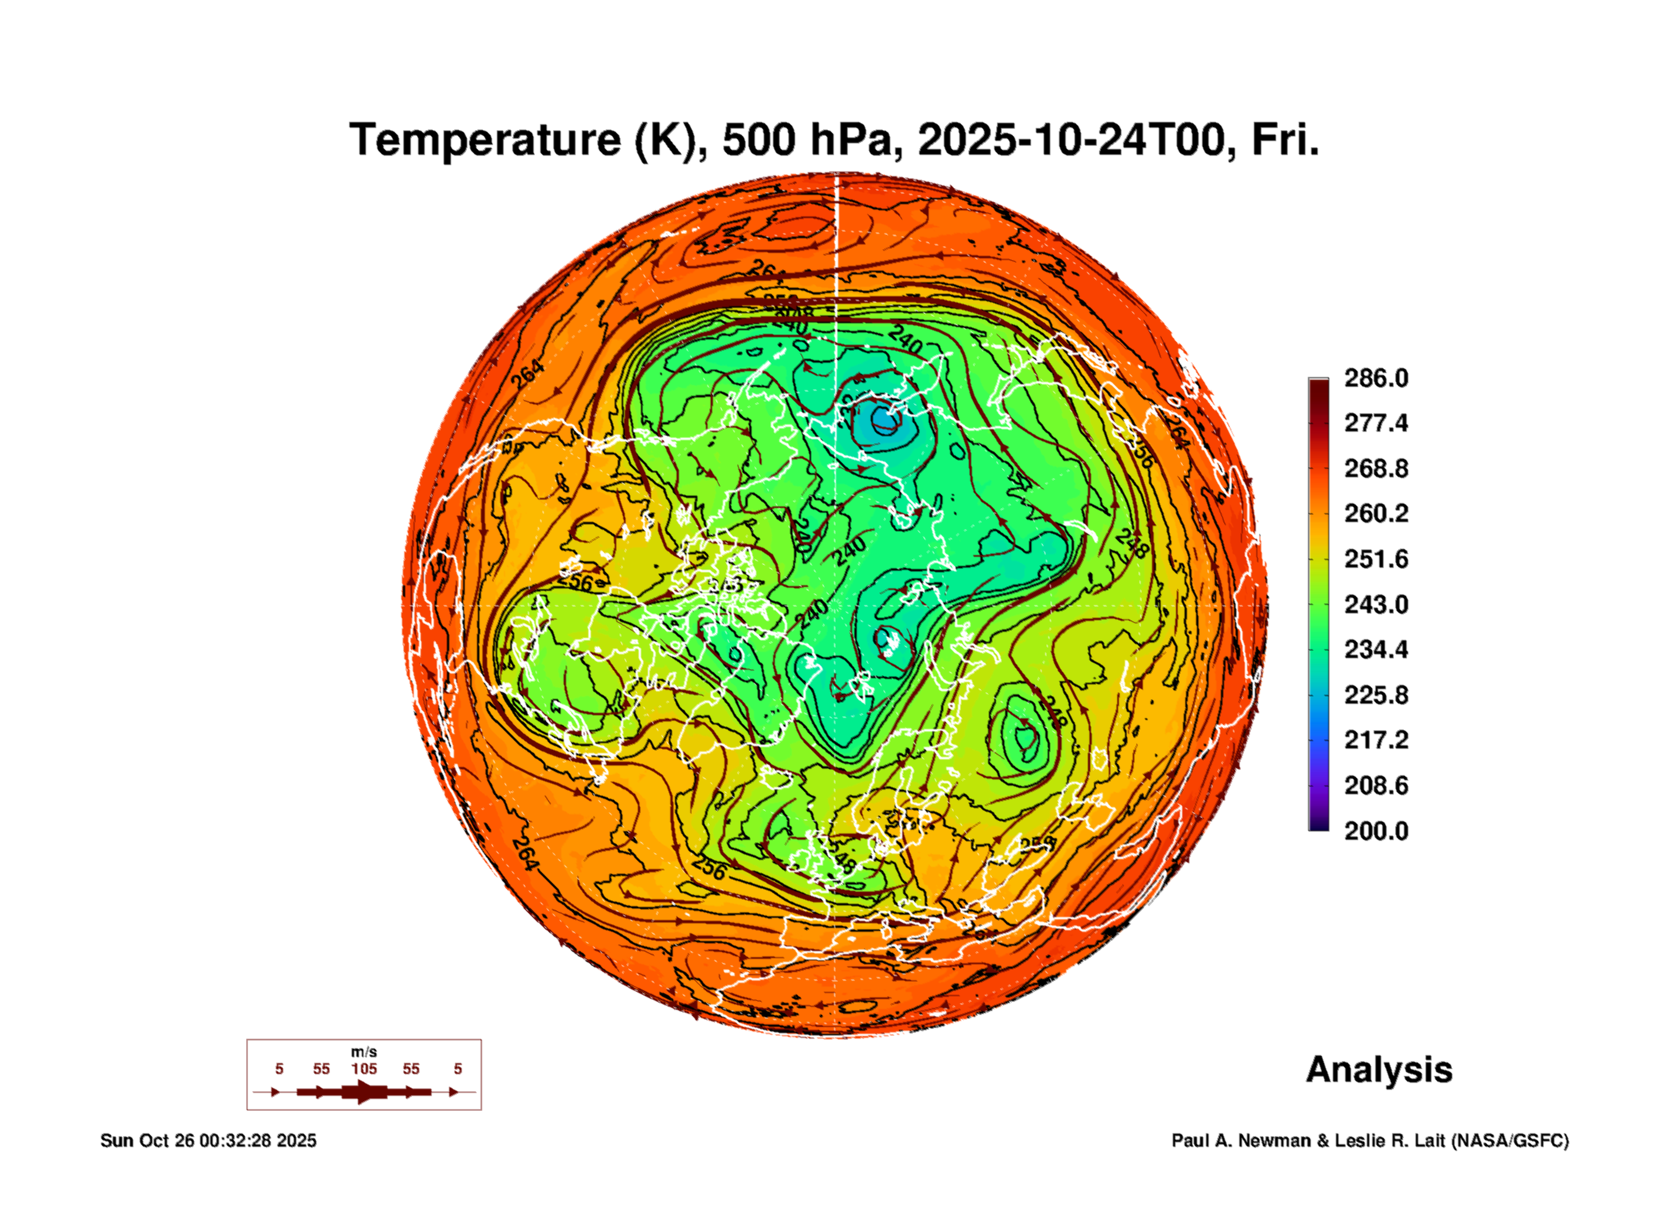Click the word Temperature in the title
(485, 140)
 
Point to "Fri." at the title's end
(1284, 140)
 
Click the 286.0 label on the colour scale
(1376, 378)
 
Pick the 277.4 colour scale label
(1376, 423)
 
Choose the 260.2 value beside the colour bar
(1376, 513)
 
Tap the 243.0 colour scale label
(1376, 604)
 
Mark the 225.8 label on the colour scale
(1376, 695)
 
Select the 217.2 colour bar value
(1376, 740)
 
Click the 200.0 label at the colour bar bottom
(1376, 831)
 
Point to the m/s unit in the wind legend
(363, 1052)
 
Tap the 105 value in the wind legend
(363, 1069)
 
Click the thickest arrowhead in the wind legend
(364, 1092)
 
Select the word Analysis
(1379, 1069)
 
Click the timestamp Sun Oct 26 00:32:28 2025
(208, 1141)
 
